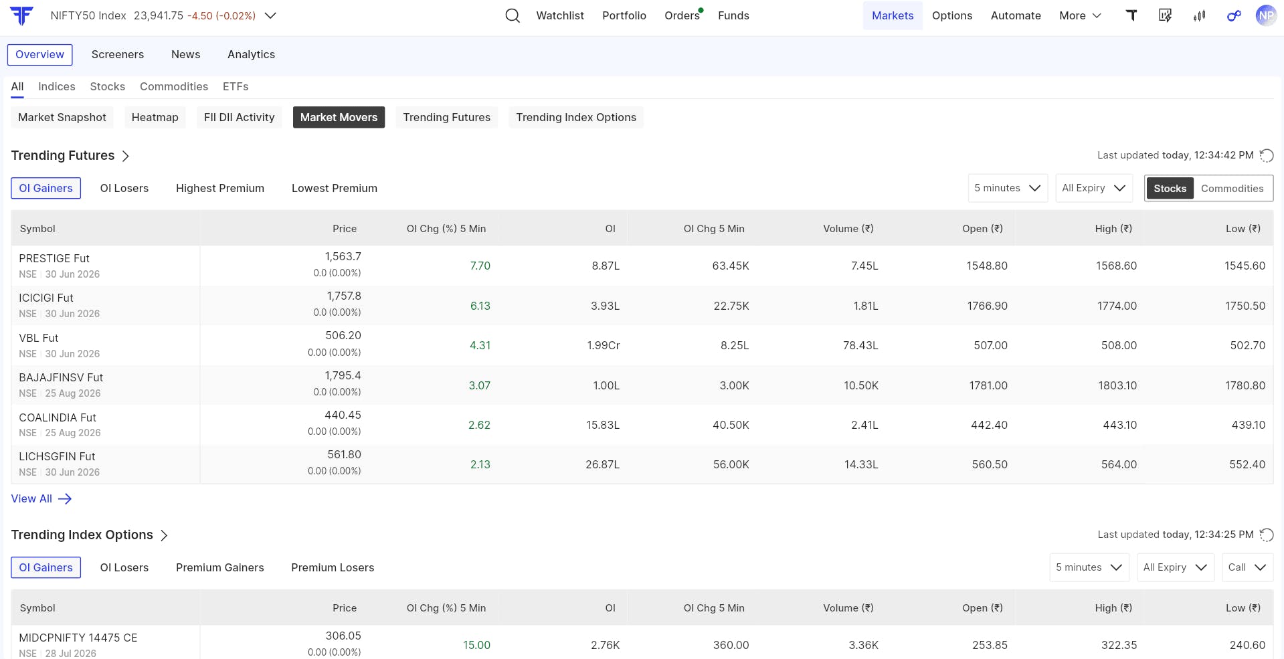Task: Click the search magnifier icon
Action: point(513,15)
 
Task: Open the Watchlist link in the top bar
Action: point(560,15)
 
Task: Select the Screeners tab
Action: point(118,54)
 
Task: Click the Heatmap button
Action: point(155,117)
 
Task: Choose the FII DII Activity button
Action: point(240,117)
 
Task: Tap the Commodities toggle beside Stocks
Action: point(1232,189)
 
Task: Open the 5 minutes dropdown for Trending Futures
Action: point(1008,188)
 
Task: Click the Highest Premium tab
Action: point(220,188)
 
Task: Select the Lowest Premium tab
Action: point(335,188)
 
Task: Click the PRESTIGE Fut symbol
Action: point(54,258)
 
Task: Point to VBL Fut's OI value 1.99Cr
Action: point(604,345)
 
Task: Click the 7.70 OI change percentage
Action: point(480,266)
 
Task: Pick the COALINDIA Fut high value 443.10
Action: point(1119,425)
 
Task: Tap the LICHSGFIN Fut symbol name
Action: point(57,456)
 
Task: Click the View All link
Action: point(41,498)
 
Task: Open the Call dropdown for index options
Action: point(1247,567)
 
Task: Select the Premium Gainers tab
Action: point(220,567)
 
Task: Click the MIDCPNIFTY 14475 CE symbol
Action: point(78,638)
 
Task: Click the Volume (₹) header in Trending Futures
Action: point(848,228)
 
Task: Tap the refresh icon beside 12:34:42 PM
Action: point(1266,155)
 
